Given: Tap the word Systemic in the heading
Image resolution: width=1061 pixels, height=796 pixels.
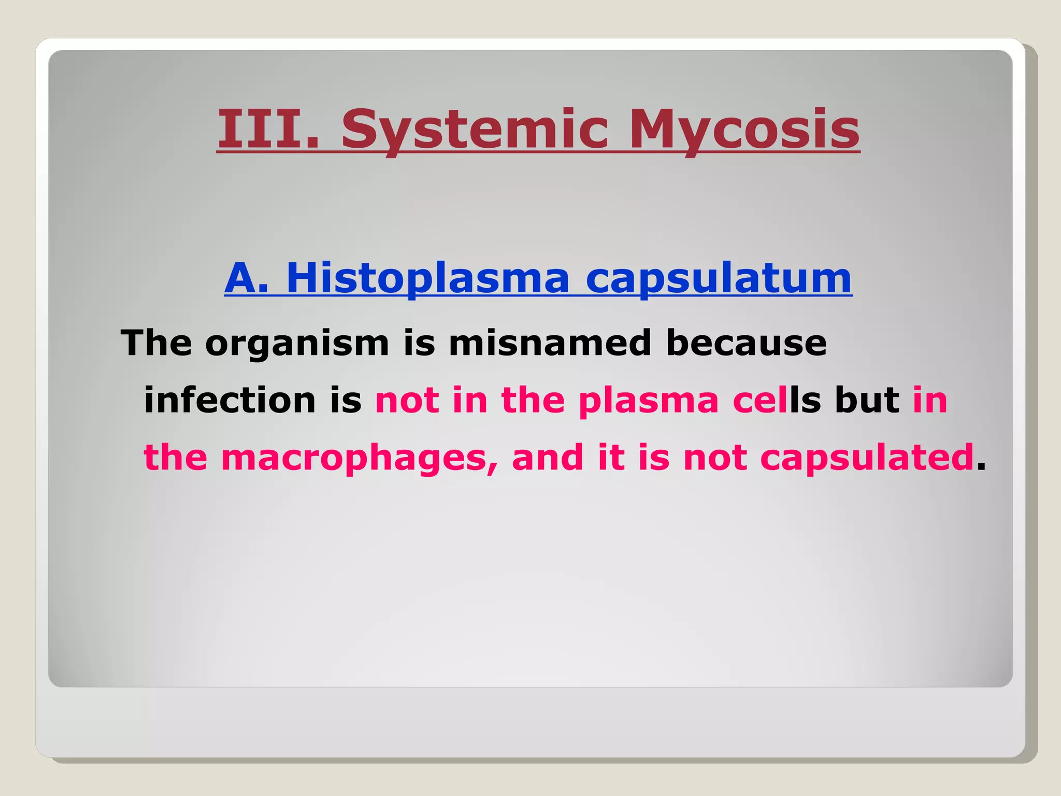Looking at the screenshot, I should tap(474, 130).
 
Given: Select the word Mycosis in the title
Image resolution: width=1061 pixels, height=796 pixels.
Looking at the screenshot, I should tap(744, 130).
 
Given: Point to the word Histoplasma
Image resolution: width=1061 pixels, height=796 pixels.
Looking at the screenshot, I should tap(427, 279).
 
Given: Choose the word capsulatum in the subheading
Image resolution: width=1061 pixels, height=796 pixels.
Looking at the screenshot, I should tap(719, 279).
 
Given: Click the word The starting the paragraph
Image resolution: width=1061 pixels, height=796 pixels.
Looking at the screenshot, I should tap(156, 343).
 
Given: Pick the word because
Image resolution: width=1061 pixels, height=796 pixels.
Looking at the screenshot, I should tap(746, 343).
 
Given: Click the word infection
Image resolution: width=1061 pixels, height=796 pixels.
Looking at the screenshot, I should tap(230, 400).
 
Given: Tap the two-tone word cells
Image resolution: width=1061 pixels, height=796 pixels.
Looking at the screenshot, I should tap(777, 400).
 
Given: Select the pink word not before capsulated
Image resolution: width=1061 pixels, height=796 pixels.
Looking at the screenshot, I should tap(715, 458).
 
